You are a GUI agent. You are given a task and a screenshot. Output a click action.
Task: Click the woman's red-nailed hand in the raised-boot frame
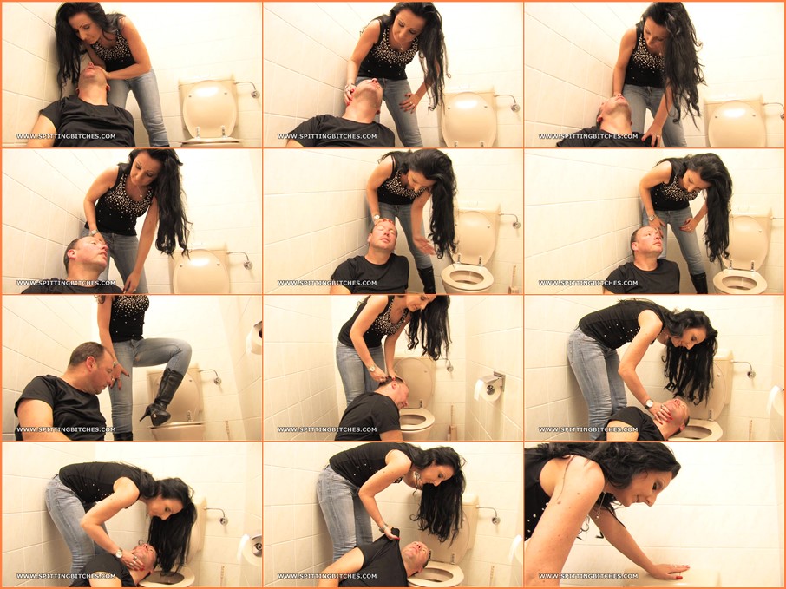[121, 375]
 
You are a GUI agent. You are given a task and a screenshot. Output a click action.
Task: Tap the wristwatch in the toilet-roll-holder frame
[372, 369]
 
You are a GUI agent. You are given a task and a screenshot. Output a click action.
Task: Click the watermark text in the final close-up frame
[588, 576]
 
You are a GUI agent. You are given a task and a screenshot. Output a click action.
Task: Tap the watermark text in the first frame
[66, 136]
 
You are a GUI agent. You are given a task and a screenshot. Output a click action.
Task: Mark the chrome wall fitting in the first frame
[250, 89]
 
